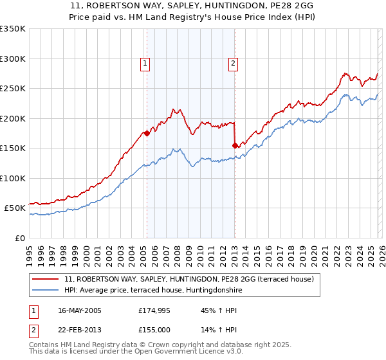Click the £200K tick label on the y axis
click(13, 118)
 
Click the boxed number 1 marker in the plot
click(145, 63)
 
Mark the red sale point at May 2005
click(147, 134)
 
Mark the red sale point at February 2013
click(235, 145)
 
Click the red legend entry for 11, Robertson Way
click(188, 279)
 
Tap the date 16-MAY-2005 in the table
click(80, 310)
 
